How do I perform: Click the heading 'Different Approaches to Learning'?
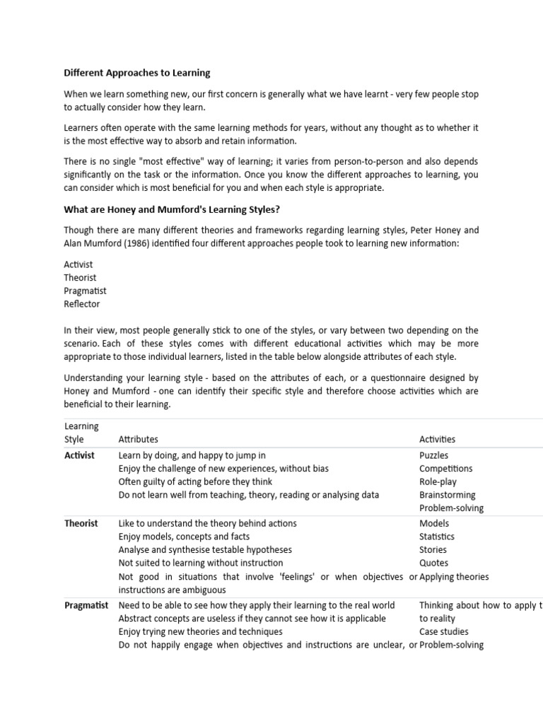[137, 73]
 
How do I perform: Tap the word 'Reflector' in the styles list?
[82, 304]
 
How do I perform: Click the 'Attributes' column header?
[138, 439]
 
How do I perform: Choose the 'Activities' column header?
[437, 439]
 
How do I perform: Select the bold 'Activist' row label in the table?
[79, 455]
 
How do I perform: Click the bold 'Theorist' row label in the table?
[81, 523]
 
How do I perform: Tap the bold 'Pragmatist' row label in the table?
[86, 605]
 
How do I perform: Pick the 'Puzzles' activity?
[433, 455]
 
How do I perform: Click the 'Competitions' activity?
[445, 469]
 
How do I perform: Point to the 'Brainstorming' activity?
[447, 495]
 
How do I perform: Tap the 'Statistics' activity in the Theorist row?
[437, 537]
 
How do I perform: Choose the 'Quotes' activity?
[433, 564]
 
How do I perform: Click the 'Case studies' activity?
[443, 631]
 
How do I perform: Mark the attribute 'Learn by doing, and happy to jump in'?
[192, 455]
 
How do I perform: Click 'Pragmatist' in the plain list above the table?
[85, 291]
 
